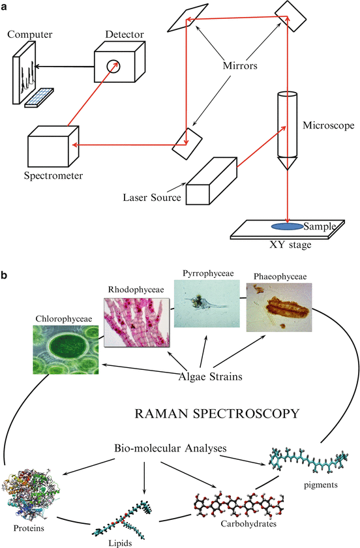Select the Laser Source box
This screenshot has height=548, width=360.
coord(209,183)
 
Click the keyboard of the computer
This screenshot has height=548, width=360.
coord(38,96)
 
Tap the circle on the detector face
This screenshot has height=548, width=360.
coord(114,65)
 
